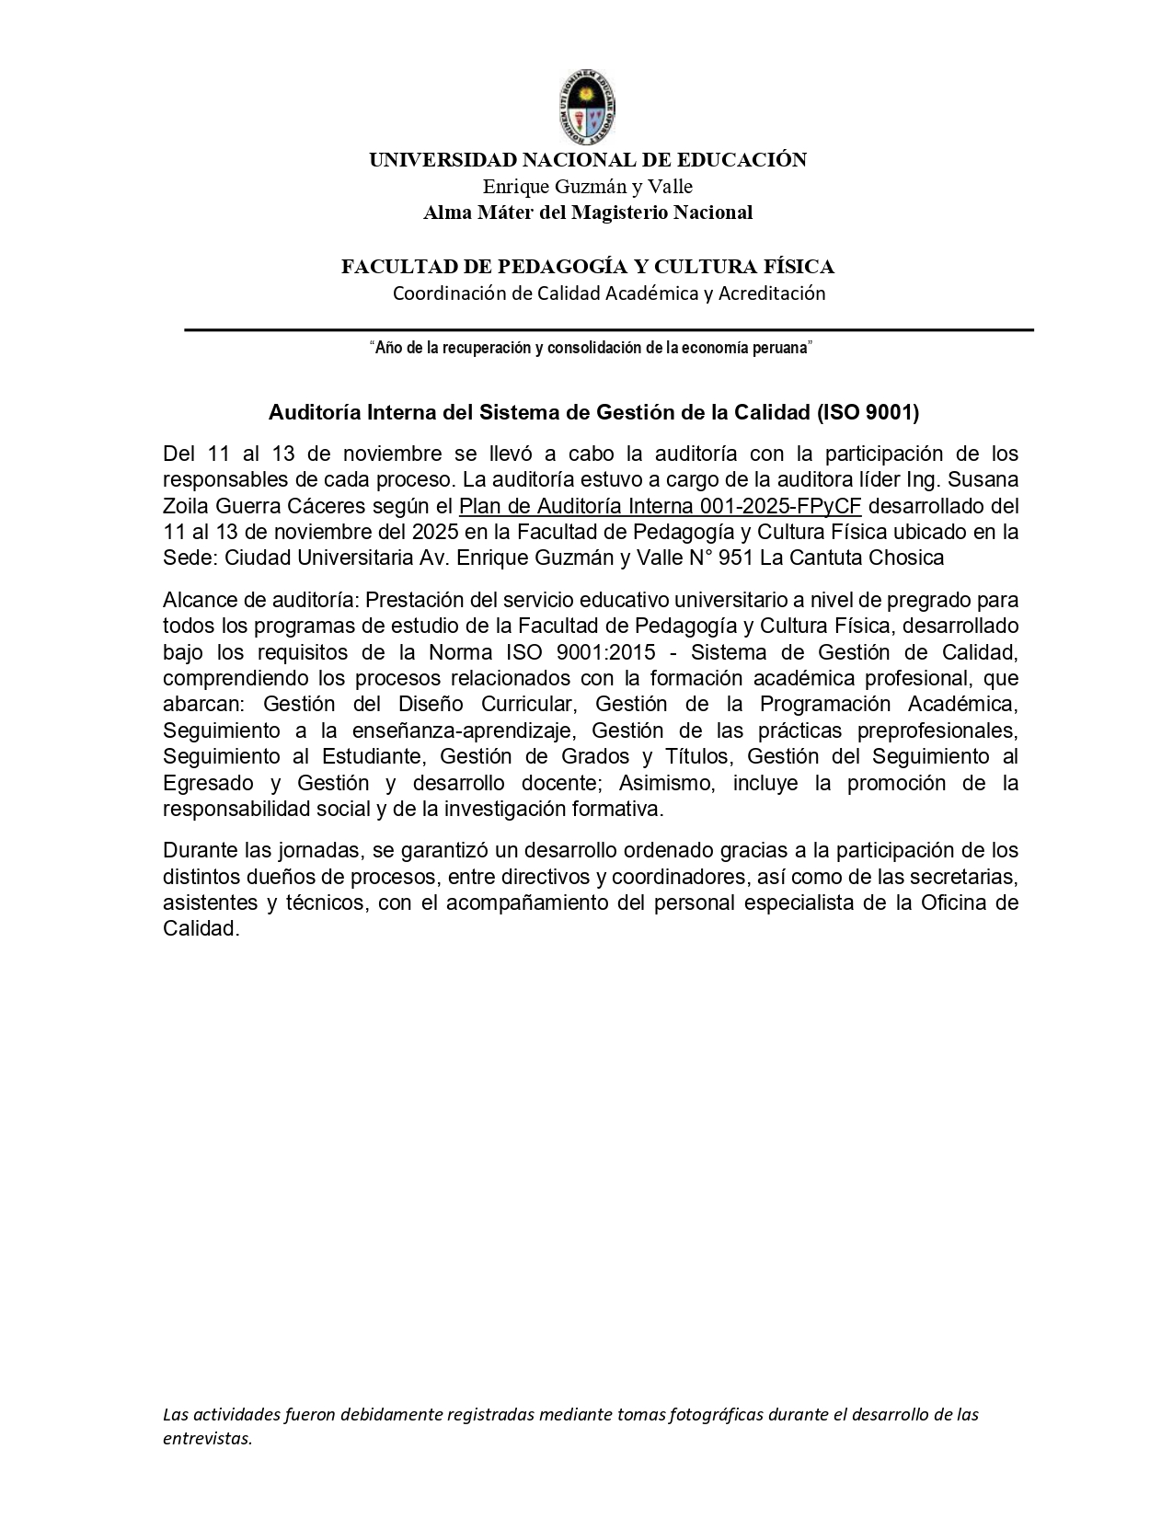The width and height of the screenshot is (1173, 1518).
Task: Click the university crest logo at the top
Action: point(587,107)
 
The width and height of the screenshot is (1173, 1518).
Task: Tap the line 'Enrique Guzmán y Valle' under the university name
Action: point(587,187)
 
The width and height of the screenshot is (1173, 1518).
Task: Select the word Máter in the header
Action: point(501,213)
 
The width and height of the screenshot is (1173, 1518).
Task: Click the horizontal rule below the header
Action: point(609,329)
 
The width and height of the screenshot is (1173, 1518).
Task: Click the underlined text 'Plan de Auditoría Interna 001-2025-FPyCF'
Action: point(660,506)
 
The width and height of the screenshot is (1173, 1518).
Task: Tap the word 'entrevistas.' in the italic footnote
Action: point(208,1439)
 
